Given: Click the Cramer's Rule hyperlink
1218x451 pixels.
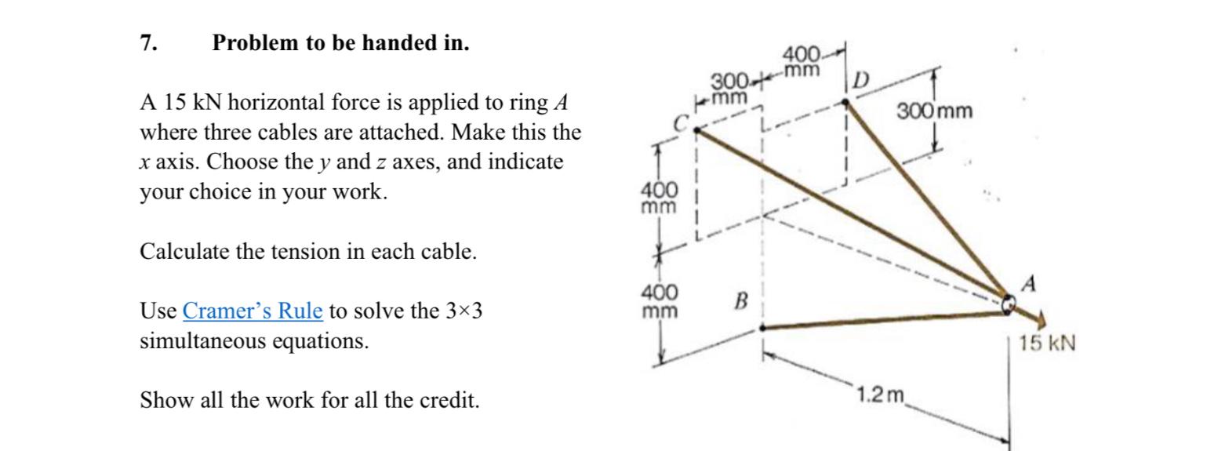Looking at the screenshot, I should click(x=252, y=311).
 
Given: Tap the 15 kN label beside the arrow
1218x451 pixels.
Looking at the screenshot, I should click(x=1047, y=343).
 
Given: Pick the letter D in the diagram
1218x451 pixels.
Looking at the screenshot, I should click(x=861, y=80).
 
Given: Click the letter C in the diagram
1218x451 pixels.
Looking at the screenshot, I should click(x=682, y=122).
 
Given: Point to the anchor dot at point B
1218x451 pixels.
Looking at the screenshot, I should click(x=762, y=328).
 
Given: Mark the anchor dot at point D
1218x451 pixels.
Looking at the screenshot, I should click(x=845, y=102).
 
